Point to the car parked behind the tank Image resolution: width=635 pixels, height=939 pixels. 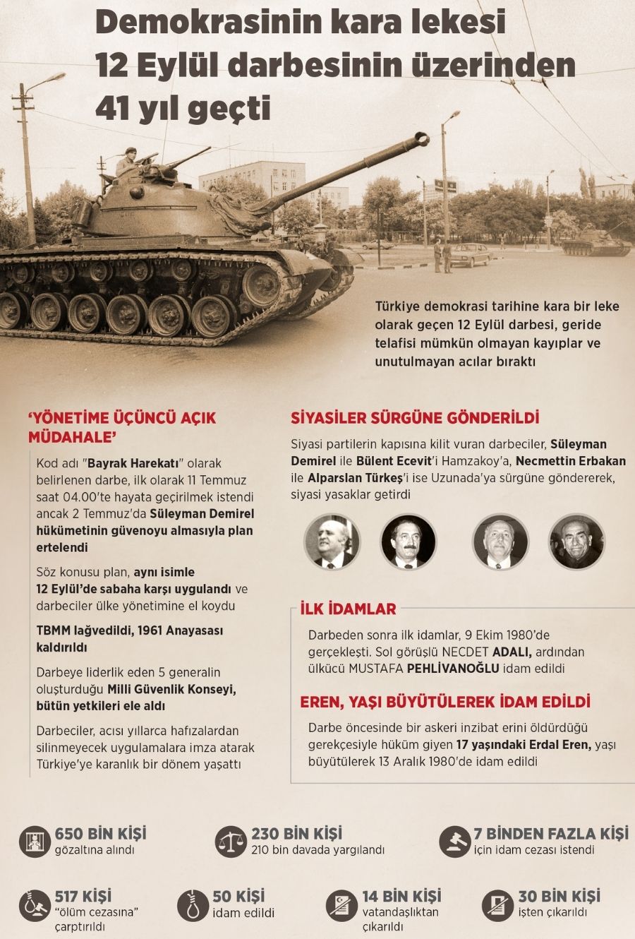469,255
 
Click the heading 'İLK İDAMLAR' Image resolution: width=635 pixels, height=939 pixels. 348,609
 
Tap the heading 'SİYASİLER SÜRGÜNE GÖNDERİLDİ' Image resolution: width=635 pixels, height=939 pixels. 415,417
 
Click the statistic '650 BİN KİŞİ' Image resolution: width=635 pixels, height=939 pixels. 100,834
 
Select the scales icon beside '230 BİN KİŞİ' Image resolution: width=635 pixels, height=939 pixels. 231,840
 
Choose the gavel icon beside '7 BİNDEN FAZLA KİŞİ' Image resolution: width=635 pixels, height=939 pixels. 455,840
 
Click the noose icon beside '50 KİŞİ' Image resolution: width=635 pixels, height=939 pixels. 193,904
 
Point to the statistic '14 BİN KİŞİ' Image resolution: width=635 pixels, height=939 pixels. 401,897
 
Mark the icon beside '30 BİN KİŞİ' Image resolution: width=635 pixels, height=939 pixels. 497,904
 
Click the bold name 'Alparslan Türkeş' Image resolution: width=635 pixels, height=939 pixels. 358,478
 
